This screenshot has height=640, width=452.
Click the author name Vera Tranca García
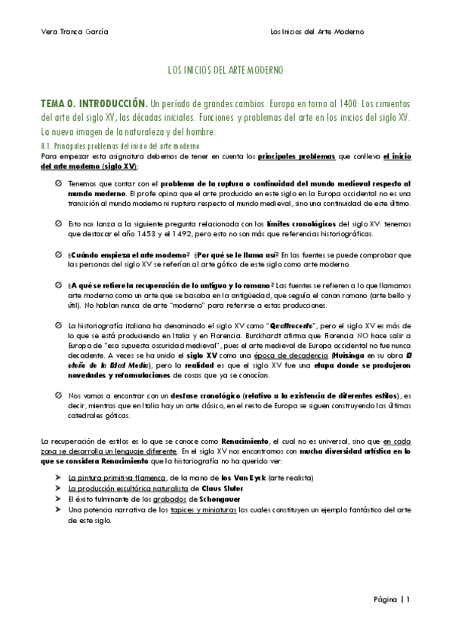(x=73, y=32)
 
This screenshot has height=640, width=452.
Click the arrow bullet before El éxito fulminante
(x=60, y=499)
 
